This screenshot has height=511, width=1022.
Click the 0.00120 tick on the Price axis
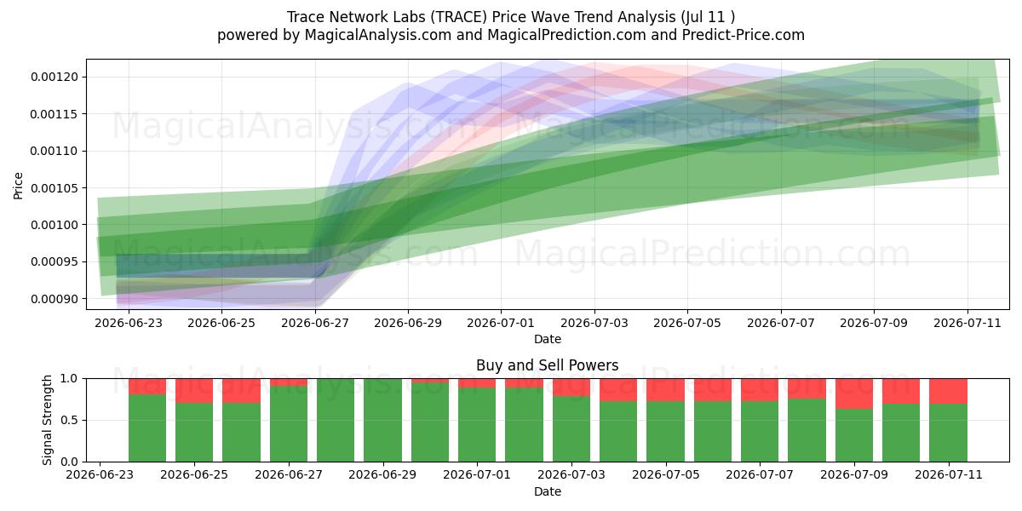pyautogui.click(x=55, y=77)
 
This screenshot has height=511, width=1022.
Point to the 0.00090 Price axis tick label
pyautogui.click(x=55, y=299)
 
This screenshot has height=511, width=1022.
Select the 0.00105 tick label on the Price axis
pyautogui.click(x=55, y=188)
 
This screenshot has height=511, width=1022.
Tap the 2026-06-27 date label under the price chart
pyautogui.click(x=315, y=323)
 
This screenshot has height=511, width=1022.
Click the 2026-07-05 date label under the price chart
pyautogui.click(x=687, y=323)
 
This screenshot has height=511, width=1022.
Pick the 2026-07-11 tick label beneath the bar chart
pyautogui.click(x=949, y=474)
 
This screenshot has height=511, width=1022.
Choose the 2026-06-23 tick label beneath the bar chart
pyautogui.click(x=100, y=474)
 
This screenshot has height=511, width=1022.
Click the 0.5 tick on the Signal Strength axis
pyautogui.click(x=70, y=420)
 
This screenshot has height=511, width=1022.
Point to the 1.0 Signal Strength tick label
pyautogui.click(x=70, y=379)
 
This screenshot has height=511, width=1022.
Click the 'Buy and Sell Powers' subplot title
pyautogui.click(x=548, y=365)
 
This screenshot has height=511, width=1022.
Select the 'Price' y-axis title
pyautogui.click(x=18, y=186)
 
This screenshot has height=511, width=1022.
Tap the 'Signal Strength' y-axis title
pyautogui.click(x=47, y=420)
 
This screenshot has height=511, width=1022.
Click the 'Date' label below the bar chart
pyautogui.click(x=548, y=491)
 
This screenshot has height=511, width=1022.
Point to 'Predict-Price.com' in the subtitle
pyautogui.click(x=744, y=35)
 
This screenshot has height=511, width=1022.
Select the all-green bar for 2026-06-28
pyautogui.click(x=336, y=420)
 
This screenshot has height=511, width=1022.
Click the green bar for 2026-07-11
pyautogui.click(x=948, y=433)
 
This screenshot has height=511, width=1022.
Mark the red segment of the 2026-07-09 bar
pyautogui.click(x=854, y=393)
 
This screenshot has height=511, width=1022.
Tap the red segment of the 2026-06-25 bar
pyautogui.click(x=194, y=391)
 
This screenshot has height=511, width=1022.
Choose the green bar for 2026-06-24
pyautogui.click(x=146, y=428)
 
